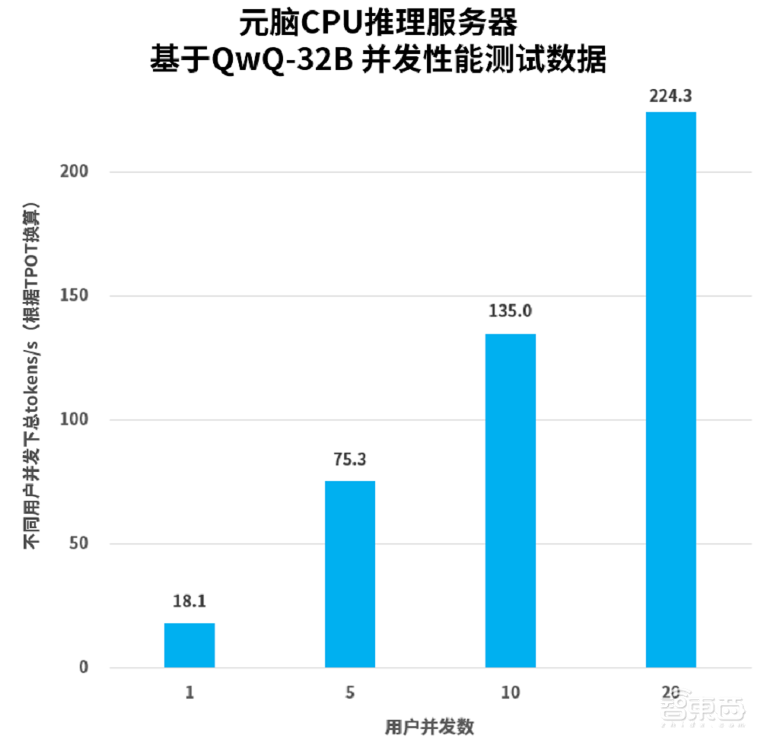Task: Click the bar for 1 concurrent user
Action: click(x=189, y=645)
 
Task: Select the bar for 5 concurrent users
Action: click(x=350, y=574)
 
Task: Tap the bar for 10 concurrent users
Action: click(x=511, y=501)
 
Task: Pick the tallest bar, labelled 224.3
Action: click(x=670, y=390)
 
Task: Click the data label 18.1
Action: click(x=189, y=601)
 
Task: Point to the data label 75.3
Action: click(x=350, y=459)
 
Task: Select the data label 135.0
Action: click(x=511, y=311)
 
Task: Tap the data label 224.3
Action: click(x=670, y=97)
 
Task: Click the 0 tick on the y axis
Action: click(x=84, y=668)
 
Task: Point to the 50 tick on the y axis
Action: click(x=80, y=544)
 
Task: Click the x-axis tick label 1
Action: click(x=189, y=693)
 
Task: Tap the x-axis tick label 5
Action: click(x=350, y=693)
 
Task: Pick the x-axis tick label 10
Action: click(x=511, y=693)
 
